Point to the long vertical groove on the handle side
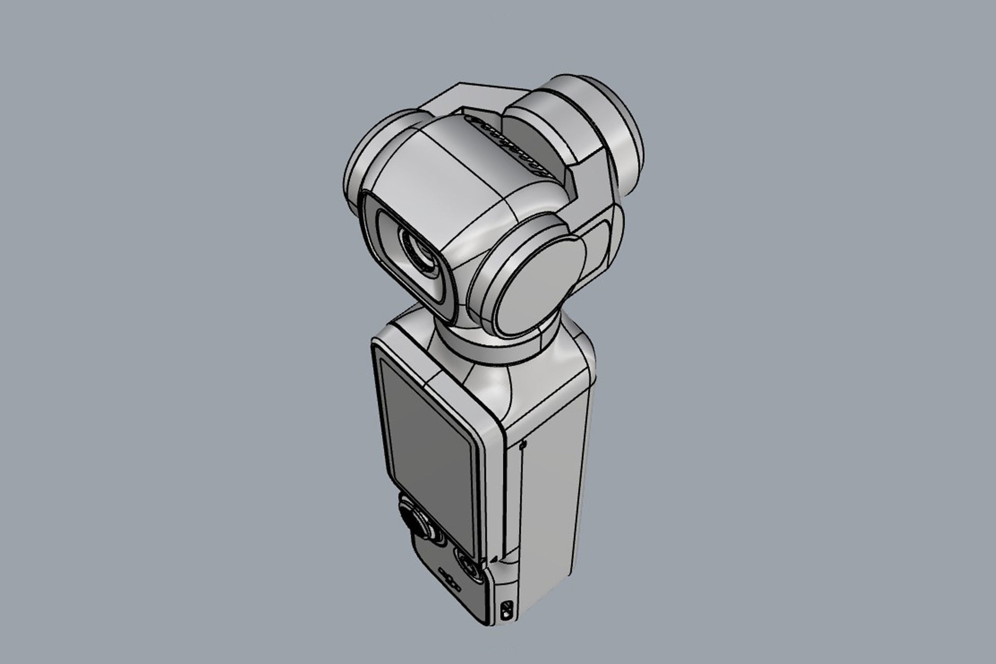[521, 498]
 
